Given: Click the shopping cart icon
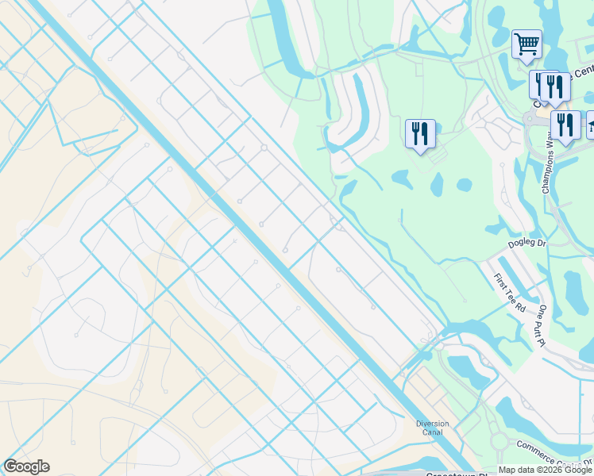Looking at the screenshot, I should point(526,44).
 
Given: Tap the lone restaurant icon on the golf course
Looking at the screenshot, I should point(420,132).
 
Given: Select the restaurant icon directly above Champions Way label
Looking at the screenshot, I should point(565,124).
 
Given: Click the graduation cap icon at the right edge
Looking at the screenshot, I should point(591,125).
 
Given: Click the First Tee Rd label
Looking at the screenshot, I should point(509,292).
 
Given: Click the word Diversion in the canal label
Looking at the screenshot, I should point(432,424).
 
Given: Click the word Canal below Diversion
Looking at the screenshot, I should point(432,433).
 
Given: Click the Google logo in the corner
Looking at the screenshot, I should point(26,466).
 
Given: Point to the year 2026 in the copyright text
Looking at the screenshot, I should point(553,470).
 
